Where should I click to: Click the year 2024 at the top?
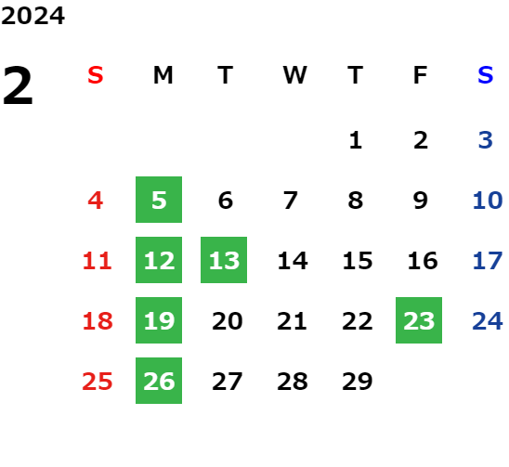[33, 16]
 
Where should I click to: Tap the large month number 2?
[18, 85]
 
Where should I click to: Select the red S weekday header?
[96, 75]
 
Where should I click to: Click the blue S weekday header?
[485, 75]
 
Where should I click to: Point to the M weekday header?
[163, 75]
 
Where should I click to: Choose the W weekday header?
[294, 75]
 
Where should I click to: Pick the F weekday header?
[421, 75]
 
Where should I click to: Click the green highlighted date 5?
[159, 200]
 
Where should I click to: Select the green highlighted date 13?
[224, 260]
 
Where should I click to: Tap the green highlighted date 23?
[419, 320]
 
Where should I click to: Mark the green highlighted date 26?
[159, 381]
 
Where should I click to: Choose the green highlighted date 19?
[159, 320]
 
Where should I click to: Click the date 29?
[358, 381]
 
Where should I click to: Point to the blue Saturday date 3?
[486, 140]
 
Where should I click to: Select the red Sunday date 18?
[98, 321]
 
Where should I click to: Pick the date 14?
[293, 260]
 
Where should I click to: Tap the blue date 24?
[488, 320]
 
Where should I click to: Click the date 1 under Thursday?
[356, 140]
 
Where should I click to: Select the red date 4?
[96, 200]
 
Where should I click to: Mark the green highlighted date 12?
[159, 260]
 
